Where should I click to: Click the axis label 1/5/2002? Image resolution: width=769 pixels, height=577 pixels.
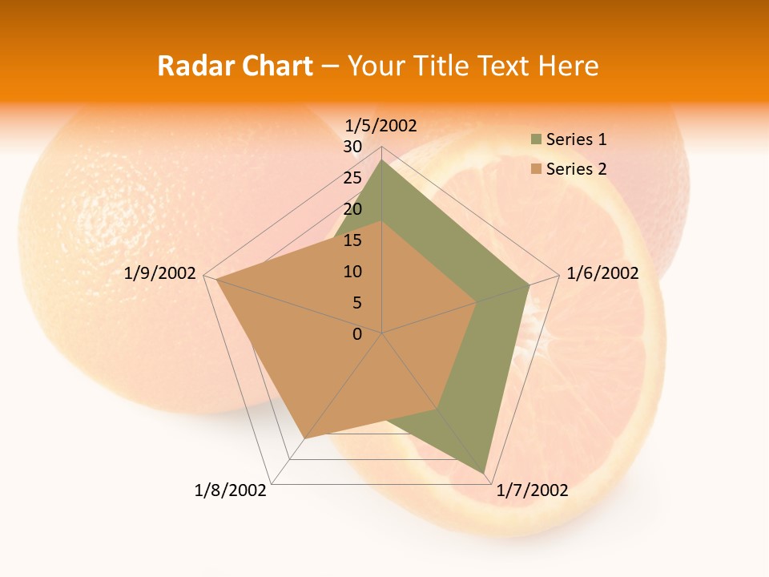tap(380, 125)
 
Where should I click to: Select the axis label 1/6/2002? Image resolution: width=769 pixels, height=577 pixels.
tap(602, 273)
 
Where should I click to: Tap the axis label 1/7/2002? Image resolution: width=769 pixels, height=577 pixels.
tap(532, 490)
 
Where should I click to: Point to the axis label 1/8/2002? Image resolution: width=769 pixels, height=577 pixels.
tap(230, 490)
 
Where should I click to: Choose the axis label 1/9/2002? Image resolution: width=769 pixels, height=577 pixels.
tap(160, 273)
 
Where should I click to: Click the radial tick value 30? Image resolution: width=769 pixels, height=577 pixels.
tap(352, 147)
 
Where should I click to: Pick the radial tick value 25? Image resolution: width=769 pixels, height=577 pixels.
tap(352, 178)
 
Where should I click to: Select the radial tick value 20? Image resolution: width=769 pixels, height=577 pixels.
tap(352, 209)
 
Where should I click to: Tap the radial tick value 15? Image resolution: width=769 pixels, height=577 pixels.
tap(352, 240)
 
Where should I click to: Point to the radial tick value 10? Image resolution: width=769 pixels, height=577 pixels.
tap(352, 272)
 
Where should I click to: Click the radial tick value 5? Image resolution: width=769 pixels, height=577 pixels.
tap(356, 303)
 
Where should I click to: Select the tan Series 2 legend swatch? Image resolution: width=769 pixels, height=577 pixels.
tap(536, 169)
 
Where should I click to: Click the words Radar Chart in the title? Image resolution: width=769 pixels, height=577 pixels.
tap(235, 66)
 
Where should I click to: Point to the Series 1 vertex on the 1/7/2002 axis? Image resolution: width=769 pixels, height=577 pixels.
tap(485, 473)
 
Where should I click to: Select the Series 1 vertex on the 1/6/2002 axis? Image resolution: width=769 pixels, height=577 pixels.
tap(529, 284)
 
